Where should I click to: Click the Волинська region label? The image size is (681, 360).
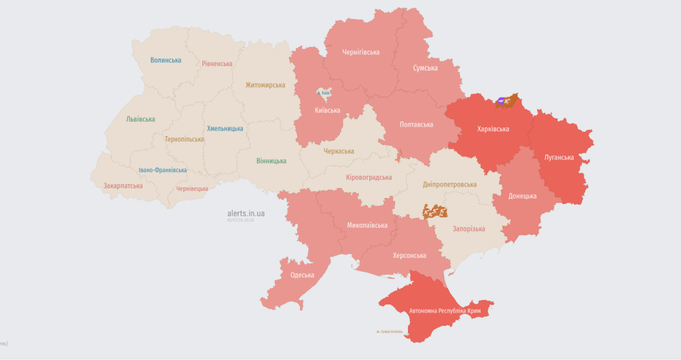click(165, 61)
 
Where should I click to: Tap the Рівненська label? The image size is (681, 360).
click(217, 64)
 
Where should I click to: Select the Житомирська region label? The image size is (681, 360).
click(265, 85)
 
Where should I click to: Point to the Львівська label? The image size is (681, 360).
click(140, 119)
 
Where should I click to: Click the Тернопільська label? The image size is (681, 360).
click(184, 139)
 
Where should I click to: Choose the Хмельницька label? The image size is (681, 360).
click(225, 129)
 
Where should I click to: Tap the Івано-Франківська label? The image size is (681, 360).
click(163, 170)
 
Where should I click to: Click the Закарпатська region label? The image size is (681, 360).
click(123, 186)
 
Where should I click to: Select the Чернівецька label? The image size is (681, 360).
click(192, 189)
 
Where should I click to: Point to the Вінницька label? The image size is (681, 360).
click(271, 161)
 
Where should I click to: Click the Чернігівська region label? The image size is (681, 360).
click(361, 52)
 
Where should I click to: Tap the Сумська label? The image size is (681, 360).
click(425, 68)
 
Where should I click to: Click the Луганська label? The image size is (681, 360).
click(559, 158)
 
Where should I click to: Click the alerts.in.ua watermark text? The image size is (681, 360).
click(246, 213)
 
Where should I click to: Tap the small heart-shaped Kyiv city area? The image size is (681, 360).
click(324, 94)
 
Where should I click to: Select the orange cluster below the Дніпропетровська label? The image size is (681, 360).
click(434, 211)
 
